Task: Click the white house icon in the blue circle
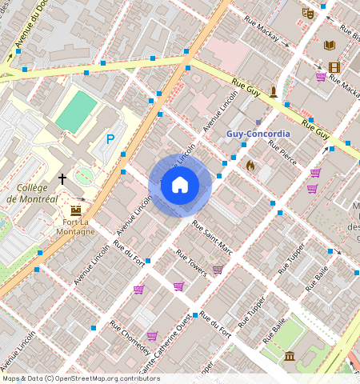pos(180,186)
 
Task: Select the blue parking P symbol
pos(111,139)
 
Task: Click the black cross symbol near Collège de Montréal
pos(62,179)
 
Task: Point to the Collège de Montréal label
pos(31,193)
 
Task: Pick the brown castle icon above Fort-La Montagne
pos(77,209)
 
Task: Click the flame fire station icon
pos(250,166)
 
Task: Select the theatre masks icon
pos(307,13)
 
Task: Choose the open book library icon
pos(329,45)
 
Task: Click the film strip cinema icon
pos(334,68)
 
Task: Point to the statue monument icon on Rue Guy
pos(274,91)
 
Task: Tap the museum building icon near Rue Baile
pos(290,355)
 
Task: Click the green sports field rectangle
pos(77,112)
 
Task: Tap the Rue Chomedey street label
pos(130,339)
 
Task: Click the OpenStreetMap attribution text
pos(81,378)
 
